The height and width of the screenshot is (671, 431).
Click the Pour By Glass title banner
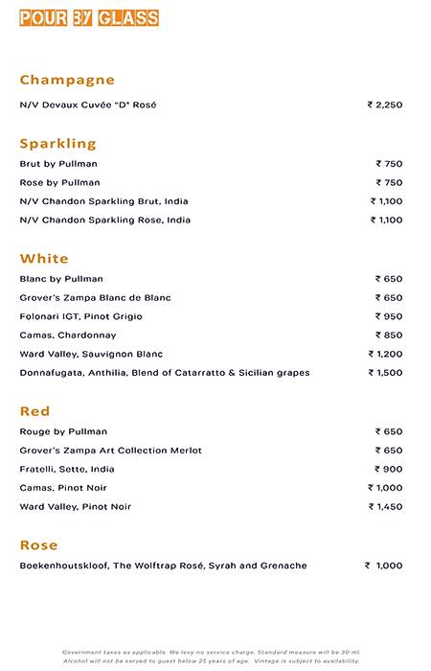tap(89, 17)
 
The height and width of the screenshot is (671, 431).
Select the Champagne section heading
tap(67, 80)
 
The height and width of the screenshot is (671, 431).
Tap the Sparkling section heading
tap(57, 144)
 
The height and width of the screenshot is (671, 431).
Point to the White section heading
tap(44, 259)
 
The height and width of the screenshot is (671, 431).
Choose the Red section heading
tap(34, 411)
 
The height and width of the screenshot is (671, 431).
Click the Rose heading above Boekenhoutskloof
tap(38, 544)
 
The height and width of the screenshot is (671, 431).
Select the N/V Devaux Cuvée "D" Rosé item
tap(87, 104)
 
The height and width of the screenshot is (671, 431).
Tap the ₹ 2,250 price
tap(385, 104)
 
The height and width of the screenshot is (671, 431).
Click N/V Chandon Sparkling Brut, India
tap(103, 201)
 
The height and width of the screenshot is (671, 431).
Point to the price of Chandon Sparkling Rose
tap(387, 220)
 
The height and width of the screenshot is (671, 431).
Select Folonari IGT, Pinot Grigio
tap(81, 316)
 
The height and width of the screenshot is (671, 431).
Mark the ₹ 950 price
tap(389, 316)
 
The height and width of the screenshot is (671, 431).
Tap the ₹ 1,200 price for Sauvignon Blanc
tap(385, 354)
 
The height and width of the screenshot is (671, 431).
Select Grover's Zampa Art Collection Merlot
tap(110, 451)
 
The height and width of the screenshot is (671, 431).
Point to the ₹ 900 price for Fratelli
tap(389, 470)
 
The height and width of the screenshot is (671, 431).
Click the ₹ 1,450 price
tap(385, 506)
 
